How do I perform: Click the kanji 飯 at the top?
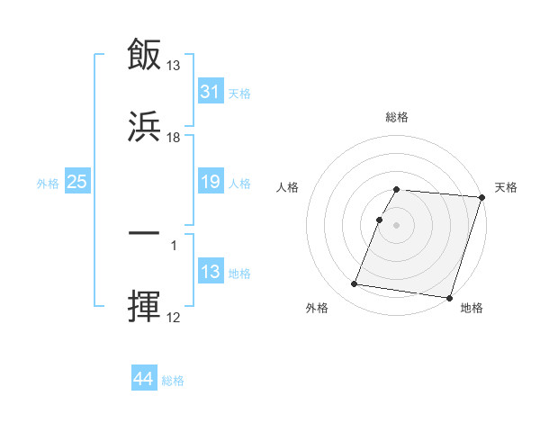144,56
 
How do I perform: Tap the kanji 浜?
144,127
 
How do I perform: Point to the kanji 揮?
144,306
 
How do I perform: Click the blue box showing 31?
210,92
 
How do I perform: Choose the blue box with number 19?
210,182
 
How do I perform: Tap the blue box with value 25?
76,182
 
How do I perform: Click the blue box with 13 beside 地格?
210,273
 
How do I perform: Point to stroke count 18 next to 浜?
174,137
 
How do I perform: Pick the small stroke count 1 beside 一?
174,244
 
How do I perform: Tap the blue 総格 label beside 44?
173,381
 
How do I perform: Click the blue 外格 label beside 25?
48,183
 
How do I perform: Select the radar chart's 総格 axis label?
397,117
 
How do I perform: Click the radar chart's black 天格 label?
506,187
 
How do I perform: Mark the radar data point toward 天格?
482,197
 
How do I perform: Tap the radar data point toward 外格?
355,284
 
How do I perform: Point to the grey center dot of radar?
397,224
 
